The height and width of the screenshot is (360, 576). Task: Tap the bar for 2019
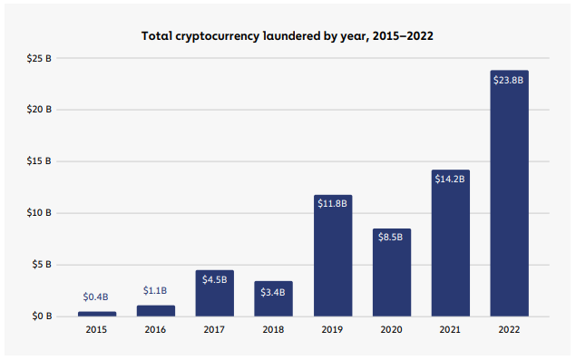coord(332,256)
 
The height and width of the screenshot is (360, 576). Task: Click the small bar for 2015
coord(97,314)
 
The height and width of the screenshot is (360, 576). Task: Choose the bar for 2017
coord(215,293)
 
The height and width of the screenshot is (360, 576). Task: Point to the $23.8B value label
coord(509,80)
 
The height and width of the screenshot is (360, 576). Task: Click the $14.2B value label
coord(450,179)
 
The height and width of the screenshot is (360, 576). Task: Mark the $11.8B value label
coord(332,204)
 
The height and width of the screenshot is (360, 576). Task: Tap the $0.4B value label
coord(97,297)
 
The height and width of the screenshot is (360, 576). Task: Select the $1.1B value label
coord(156,290)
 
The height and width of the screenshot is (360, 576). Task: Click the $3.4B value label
coord(273,291)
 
